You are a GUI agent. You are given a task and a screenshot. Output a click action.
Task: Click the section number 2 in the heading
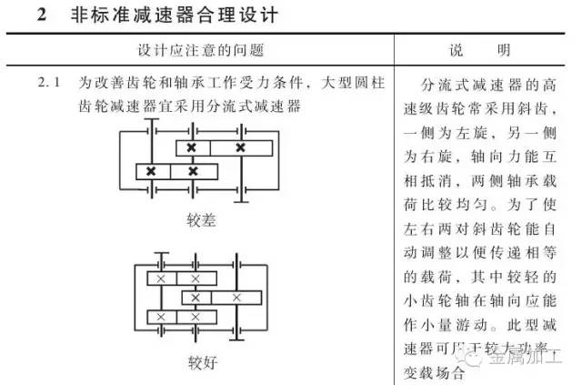(x=44, y=16)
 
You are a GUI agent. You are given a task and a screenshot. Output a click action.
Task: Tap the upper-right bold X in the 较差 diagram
(x=240, y=147)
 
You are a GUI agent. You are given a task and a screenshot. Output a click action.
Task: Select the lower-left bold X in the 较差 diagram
(x=151, y=170)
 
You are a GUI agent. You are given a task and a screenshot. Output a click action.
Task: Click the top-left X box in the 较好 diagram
(x=161, y=279)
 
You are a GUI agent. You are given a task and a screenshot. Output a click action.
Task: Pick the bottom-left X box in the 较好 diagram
(x=161, y=316)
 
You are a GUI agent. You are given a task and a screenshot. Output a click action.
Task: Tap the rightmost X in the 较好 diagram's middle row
(x=236, y=298)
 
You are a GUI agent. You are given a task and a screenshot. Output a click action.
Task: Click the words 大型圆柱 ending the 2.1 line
(x=358, y=83)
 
